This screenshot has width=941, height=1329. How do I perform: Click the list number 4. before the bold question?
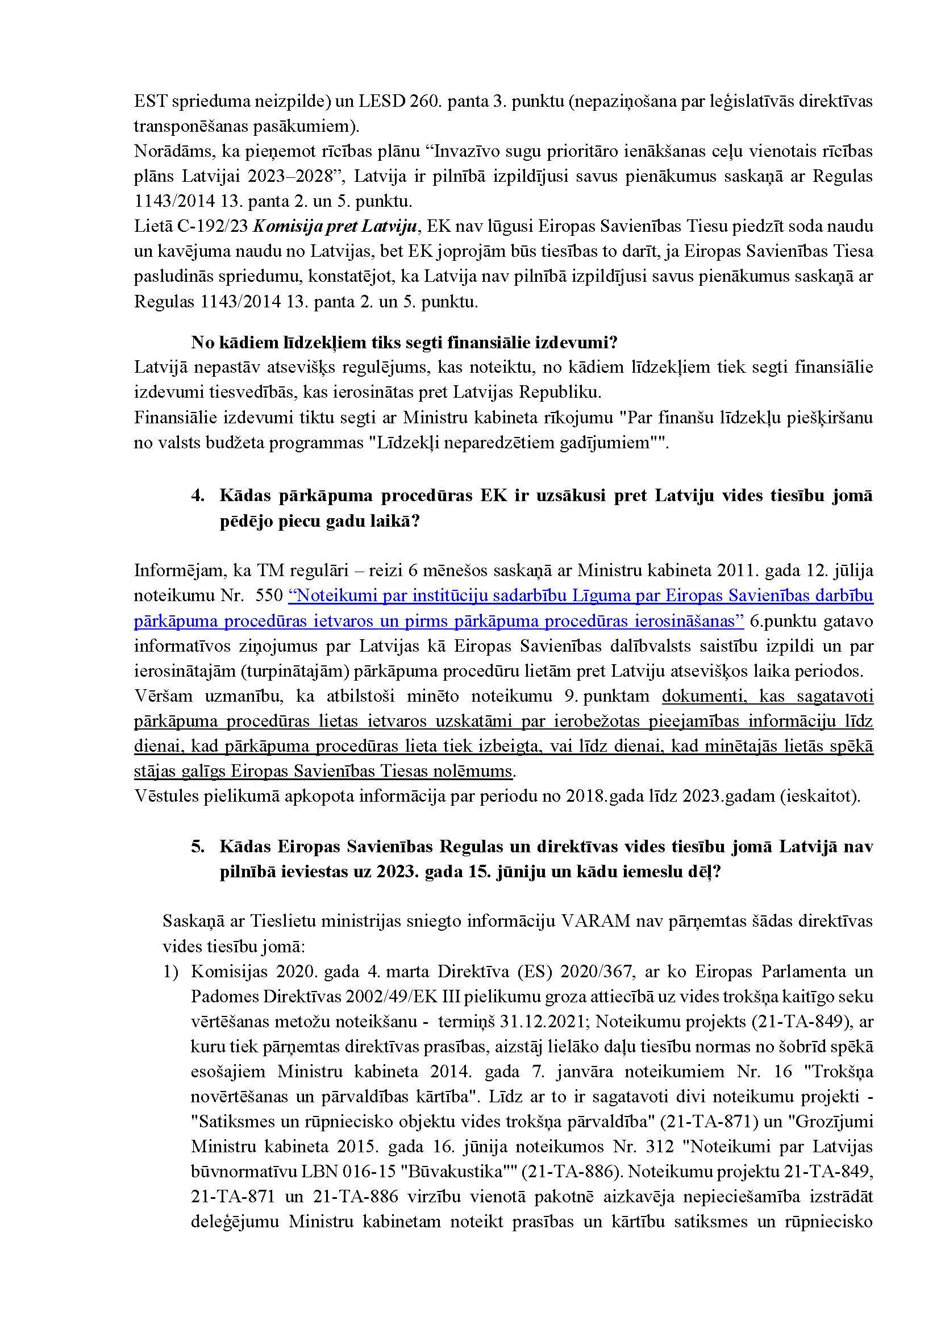point(198,496)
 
